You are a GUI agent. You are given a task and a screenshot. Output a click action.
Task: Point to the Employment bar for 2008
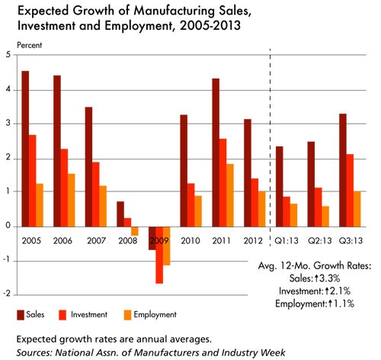coord(134,231)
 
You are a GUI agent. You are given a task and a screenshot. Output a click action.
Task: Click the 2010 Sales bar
coord(184,170)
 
